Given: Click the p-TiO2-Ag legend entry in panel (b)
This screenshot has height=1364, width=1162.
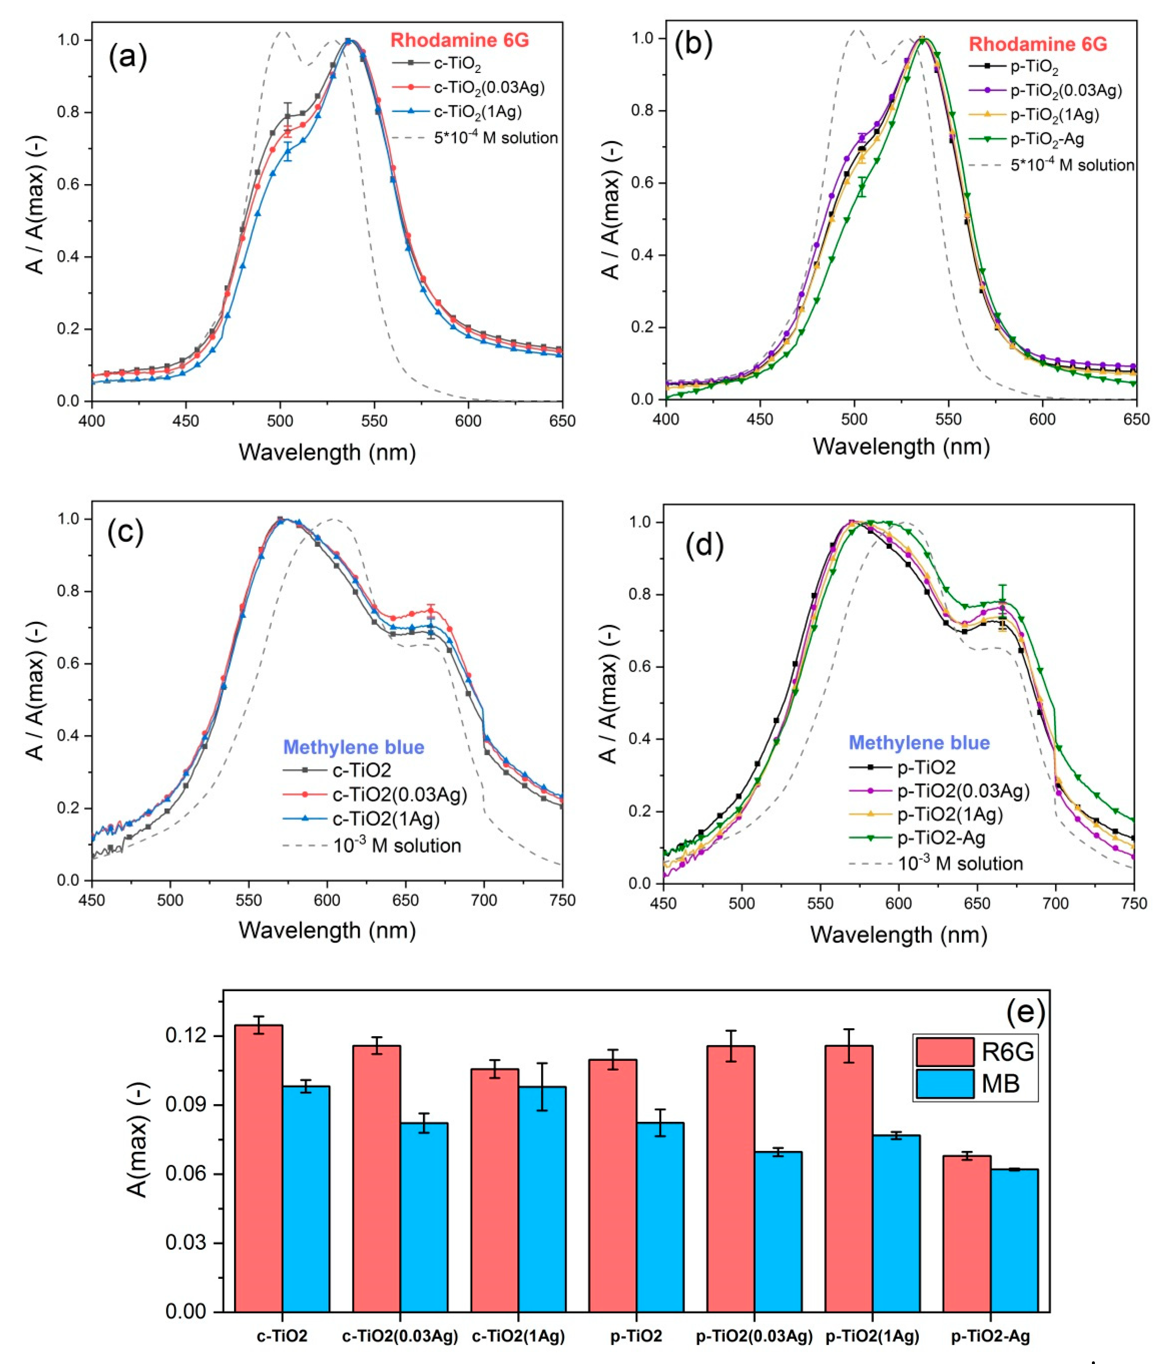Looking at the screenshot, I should tap(1047, 139).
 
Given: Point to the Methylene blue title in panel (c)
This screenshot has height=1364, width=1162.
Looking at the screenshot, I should tap(353, 747).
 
